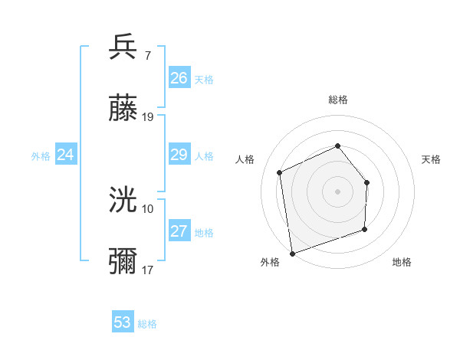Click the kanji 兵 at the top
(123, 47)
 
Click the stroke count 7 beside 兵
(148, 55)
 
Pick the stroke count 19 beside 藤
(148, 118)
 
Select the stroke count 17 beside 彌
(148, 270)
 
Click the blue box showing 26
(179, 78)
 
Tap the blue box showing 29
(179, 155)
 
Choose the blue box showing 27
(179, 231)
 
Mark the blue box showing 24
(66, 155)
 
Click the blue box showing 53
(123, 322)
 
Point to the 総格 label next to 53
(148, 324)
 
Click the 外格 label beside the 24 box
(41, 156)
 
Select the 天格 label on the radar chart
(431, 159)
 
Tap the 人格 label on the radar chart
(245, 159)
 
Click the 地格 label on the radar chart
(402, 262)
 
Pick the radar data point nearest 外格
(292, 253)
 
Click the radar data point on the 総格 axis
(337, 146)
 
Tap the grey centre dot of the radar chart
(337, 191)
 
